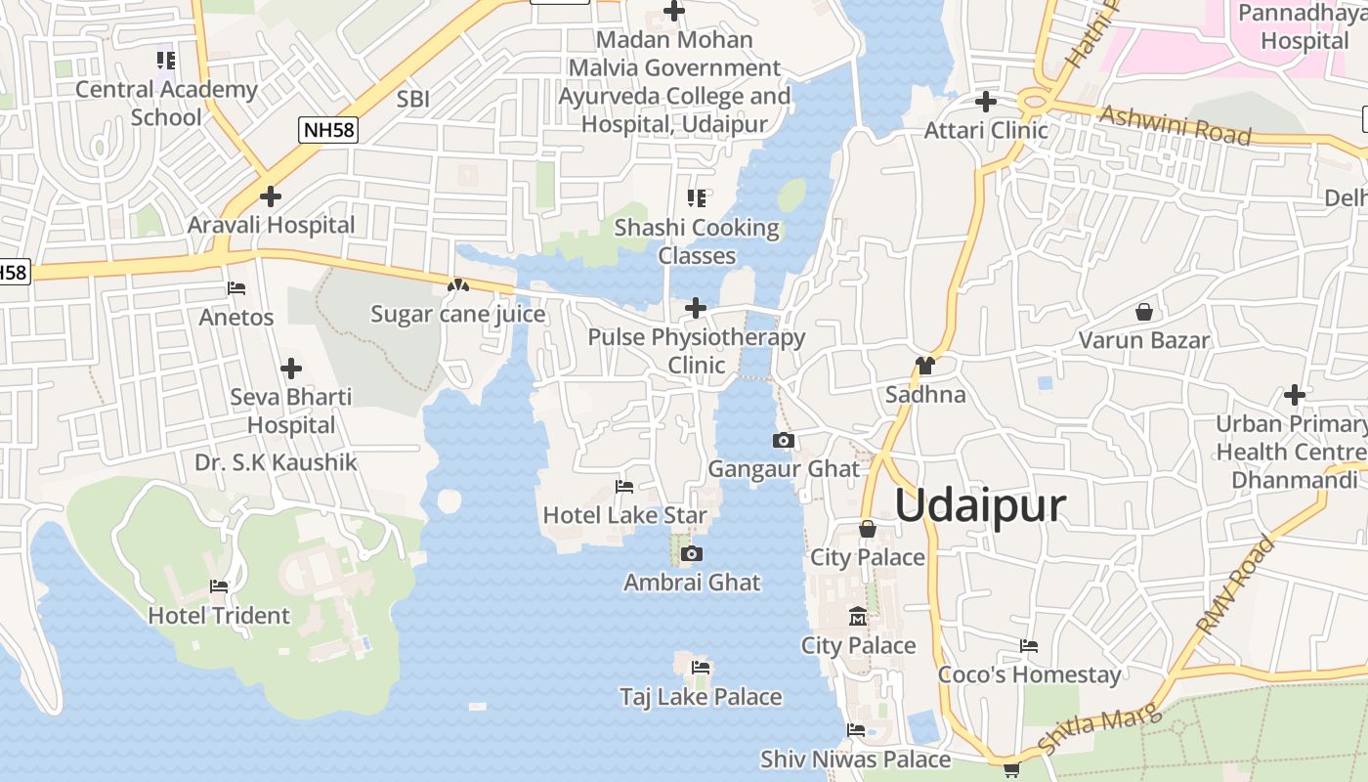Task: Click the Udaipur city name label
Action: pyautogui.click(x=980, y=506)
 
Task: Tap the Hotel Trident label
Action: pyautogui.click(x=219, y=616)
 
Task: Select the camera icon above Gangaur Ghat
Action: pyautogui.click(x=783, y=441)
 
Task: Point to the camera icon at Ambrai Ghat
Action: pyautogui.click(x=692, y=554)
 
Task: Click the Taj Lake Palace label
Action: pyautogui.click(x=701, y=697)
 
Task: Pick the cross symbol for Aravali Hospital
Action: pyautogui.click(x=271, y=196)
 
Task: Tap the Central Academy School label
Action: pyautogui.click(x=166, y=103)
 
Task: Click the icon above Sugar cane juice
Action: pyautogui.click(x=457, y=285)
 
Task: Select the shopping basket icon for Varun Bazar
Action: pyautogui.click(x=1143, y=313)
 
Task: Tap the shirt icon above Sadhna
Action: pyautogui.click(x=924, y=367)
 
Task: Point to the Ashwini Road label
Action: pyautogui.click(x=1176, y=124)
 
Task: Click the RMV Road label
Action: pyautogui.click(x=1235, y=584)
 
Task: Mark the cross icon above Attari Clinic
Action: pyautogui.click(x=986, y=102)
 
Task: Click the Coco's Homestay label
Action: pyautogui.click(x=1029, y=674)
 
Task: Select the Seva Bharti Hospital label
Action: pyautogui.click(x=290, y=411)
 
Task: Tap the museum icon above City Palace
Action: pyautogui.click(x=858, y=617)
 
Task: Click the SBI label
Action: pyautogui.click(x=413, y=99)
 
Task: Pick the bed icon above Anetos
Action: pyautogui.click(x=236, y=288)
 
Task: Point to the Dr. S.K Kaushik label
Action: pyautogui.click(x=277, y=462)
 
